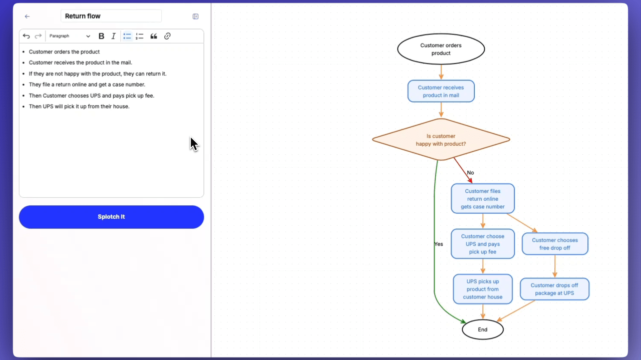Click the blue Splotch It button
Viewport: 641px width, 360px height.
111,217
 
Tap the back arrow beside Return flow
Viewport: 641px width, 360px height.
27,17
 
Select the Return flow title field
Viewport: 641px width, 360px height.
111,16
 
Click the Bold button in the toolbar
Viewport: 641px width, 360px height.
101,36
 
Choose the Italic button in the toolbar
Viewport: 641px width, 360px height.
113,36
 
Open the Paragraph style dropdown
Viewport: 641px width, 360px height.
70,36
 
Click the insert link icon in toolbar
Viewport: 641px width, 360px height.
167,36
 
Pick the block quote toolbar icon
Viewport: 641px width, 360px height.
154,36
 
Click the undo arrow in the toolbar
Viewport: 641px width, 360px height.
27,36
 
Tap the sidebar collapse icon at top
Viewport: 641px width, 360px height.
195,17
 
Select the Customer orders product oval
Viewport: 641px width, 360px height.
441,49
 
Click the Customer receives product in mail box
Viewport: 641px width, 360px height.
441,91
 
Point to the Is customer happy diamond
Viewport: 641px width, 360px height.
441,140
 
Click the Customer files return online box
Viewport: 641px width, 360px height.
482,199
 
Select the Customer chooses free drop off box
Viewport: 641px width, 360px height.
554,244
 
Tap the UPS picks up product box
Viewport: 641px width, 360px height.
482,289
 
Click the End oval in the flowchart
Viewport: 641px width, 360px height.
482,329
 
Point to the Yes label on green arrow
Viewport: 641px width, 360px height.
439,244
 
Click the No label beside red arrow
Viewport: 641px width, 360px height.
470,173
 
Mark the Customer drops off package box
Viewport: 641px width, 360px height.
554,289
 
